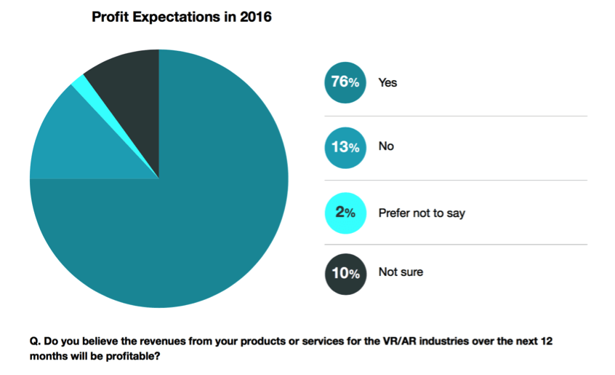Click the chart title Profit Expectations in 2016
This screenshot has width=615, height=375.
tap(182, 17)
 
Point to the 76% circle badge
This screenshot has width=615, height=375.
tap(343, 83)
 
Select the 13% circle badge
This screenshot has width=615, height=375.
tap(343, 147)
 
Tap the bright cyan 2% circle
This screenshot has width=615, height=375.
tap(343, 213)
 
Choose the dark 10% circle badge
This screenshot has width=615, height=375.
tap(343, 273)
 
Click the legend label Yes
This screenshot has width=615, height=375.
tap(387, 83)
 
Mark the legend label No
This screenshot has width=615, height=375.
tap(386, 146)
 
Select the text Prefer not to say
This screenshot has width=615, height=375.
tap(422, 213)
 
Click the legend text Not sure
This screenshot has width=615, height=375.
tap(401, 272)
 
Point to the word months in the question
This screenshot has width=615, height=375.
tap(48, 357)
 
